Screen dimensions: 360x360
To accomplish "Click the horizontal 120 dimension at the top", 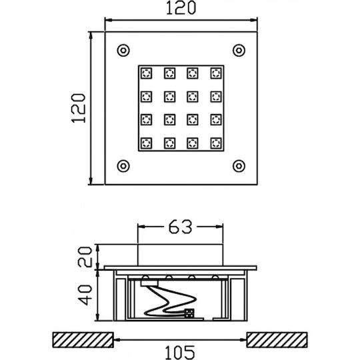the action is [x=181, y=8].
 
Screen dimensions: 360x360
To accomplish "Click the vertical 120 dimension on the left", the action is [x=79, y=108].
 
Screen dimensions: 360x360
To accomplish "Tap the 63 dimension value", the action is [x=180, y=227].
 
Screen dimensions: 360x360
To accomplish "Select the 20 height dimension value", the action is [x=85, y=257].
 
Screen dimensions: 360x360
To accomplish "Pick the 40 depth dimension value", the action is [x=85, y=295].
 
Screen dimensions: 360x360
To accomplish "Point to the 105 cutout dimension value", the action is [x=180, y=352].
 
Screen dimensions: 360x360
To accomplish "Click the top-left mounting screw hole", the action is [x=123, y=50].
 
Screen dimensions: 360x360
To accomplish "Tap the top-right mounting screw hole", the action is [x=239, y=50].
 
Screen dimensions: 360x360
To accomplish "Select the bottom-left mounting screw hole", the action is [x=123, y=166].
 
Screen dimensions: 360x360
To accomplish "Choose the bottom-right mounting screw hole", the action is [x=239, y=166].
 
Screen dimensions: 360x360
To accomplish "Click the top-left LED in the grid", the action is [x=146, y=73].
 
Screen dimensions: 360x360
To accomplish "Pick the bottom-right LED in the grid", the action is [x=216, y=143].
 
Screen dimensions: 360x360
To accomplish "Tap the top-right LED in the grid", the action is [x=216, y=73].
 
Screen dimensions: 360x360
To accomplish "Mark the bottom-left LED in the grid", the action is [x=146, y=143].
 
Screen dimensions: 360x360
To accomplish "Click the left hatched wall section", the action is [x=83, y=340].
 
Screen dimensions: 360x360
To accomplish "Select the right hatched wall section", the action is [x=277, y=340].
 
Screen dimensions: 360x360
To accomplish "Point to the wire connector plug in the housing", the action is [x=189, y=313].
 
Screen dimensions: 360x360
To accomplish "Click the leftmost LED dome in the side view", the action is [x=145, y=277].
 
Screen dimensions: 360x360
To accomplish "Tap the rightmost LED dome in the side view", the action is [x=215, y=277].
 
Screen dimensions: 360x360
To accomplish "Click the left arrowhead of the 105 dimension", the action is [x=117, y=340].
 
